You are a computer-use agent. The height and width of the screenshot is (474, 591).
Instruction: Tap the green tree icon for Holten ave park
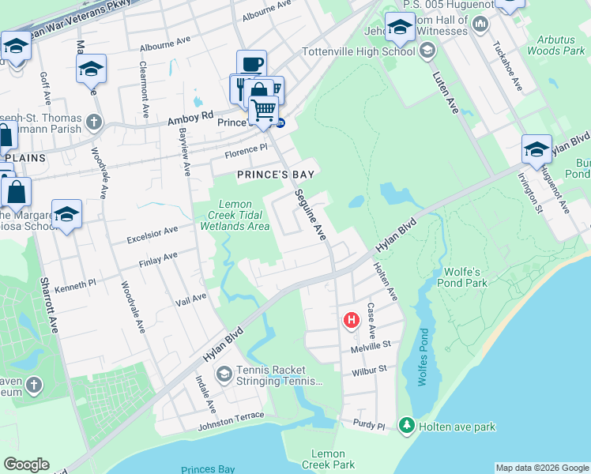[x=407, y=427]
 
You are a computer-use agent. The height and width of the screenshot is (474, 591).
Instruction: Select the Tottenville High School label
[x=358, y=52]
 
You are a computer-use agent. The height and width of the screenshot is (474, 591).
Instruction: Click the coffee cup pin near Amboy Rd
[x=251, y=65]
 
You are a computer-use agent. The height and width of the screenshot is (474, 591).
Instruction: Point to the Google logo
[x=26, y=465]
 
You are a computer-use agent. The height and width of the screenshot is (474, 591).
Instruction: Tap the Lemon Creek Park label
[x=328, y=459]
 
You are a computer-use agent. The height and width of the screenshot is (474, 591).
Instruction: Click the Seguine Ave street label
[x=311, y=215]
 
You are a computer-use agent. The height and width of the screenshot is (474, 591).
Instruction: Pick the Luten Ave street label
[x=446, y=92]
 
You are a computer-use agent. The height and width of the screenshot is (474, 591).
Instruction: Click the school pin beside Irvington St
[x=536, y=150]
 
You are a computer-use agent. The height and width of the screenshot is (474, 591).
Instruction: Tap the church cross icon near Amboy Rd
[x=94, y=122]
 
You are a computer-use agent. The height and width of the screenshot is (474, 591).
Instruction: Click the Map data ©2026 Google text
[x=542, y=468]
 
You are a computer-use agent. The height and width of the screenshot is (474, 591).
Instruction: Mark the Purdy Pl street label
[x=368, y=425]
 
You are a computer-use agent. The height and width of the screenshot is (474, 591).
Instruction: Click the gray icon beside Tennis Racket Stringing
[x=224, y=373]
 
